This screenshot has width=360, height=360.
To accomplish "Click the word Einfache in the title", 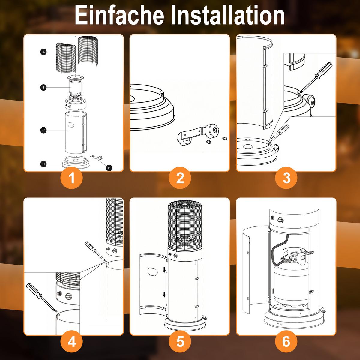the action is pyautogui.click(x=120, y=15).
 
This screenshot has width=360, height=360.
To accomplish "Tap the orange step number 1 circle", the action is pyautogui.click(x=72, y=178).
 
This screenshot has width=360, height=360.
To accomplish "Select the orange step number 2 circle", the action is pyautogui.click(x=180, y=178).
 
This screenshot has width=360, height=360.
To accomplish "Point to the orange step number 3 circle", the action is pyautogui.click(x=286, y=178).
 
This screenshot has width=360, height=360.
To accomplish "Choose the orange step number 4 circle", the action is pyautogui.click(x=72, y=341).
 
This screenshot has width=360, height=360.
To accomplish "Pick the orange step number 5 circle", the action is pyautogui.click(x=180, y=341).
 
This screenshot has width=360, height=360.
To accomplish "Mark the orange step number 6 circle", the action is pyautogui.click(x=286, y=341).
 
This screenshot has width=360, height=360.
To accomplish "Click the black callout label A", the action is pyautogui.click(x=43, y=52).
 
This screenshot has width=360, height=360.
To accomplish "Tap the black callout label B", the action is pyautogui.click(x=43, y=87).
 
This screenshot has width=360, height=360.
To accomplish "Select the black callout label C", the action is pyautogui.click(x=43, y=130).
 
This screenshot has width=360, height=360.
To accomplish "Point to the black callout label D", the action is pyautogui.click(x=43, y=164).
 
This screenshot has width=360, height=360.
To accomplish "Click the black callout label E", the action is pyautogui.click(x=109, y=168).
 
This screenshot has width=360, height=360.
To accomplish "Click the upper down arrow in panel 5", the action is pyautogui.click(x=164, y=270).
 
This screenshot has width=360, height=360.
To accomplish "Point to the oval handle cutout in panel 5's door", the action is pyautogui.click(x=152, y=272).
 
